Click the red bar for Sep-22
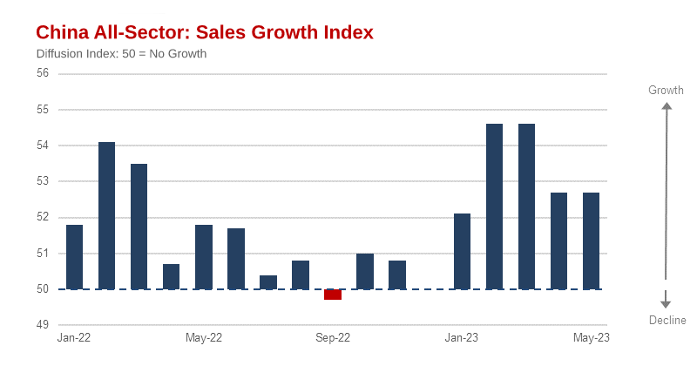333,295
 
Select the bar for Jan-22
75,257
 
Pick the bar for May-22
204,257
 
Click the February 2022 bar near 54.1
107,216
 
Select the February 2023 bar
494,207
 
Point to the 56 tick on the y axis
43,73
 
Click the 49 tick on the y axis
43,325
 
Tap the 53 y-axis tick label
43,181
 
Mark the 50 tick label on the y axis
43,289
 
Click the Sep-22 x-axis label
333,337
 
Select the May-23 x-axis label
591,337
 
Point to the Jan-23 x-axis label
462,337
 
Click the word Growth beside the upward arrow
666,90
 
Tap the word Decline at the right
667,321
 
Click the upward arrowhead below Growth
666,107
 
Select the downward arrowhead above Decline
666,302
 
